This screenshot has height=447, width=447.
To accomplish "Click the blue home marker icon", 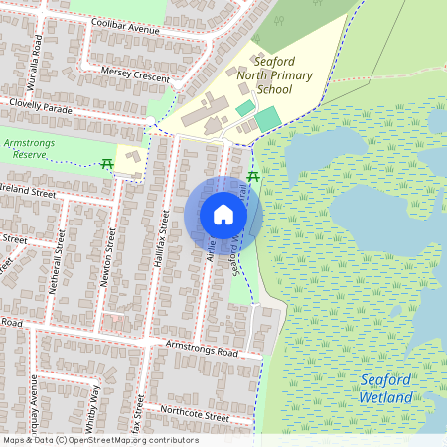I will point(223,215).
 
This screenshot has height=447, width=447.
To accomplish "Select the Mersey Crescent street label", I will point(136,73).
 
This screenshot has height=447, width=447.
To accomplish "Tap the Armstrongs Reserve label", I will point(33,149).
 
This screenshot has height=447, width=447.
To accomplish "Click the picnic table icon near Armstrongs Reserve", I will point(107,163).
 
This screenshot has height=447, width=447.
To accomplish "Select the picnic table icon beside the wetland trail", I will point(252,176).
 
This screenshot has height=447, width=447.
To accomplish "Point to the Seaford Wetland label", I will point(384,388).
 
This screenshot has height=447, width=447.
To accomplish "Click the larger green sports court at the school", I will point(267,120).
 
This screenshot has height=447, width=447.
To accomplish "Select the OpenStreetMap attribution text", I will point(99,440).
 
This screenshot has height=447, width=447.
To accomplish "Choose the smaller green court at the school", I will point(244,107).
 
